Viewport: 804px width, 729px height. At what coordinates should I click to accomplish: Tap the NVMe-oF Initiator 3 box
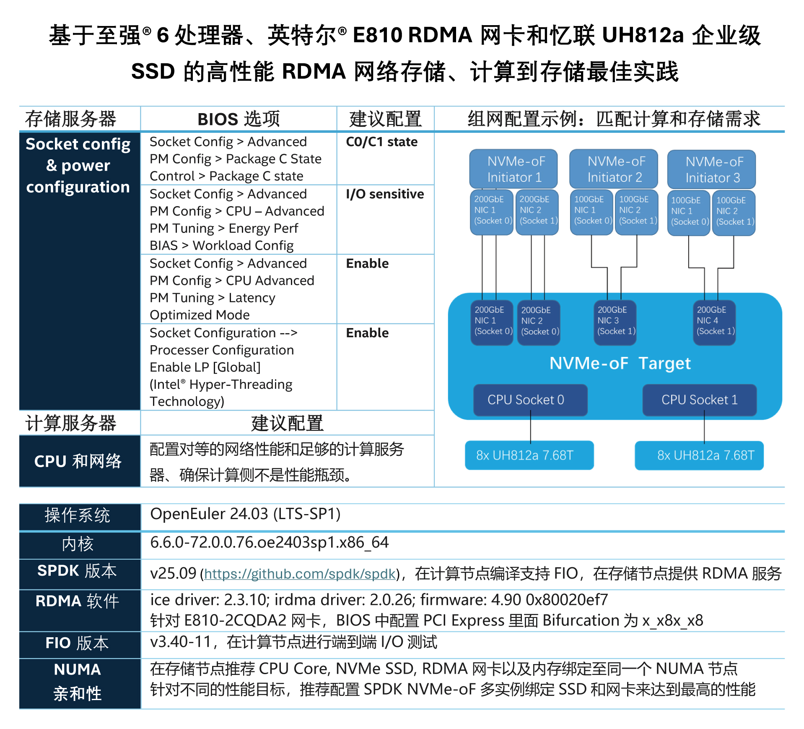click(711, 169)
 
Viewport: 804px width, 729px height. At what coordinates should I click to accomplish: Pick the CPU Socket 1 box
click(699, 400)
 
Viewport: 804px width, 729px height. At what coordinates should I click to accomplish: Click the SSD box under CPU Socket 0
click(529, 455)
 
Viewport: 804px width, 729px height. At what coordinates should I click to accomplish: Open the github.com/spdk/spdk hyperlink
click(300, 574)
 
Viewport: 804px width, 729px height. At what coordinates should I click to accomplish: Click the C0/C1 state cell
click(381, 142)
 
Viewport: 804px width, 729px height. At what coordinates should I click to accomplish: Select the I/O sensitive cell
click(385, 194)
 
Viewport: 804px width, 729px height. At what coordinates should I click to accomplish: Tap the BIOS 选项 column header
click(239, 119)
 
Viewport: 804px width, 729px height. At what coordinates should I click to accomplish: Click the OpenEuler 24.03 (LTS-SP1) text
click(245, 514)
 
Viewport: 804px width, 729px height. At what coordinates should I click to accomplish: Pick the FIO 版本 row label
click(78, 643)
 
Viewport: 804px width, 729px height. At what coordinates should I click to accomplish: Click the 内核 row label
click(78, 544)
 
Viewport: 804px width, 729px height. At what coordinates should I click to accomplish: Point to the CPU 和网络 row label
click(78, 461)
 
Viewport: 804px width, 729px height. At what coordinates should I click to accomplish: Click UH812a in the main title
click(642, 36)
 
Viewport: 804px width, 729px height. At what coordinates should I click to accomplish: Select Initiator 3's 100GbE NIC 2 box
click(734, 212)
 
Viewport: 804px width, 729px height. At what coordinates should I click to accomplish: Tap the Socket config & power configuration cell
click(78, 165)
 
